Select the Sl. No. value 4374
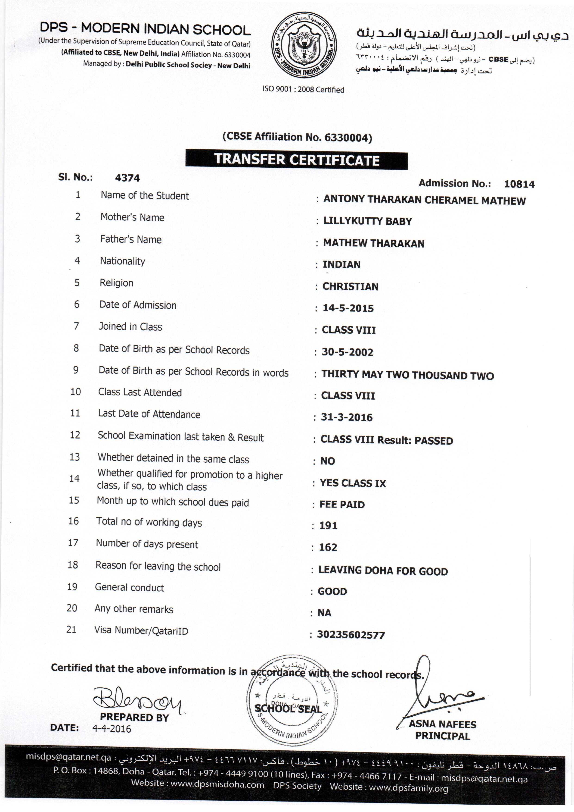[127, 178]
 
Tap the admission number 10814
[519, 184]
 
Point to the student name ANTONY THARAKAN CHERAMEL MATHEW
[424, 200]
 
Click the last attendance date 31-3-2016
[346, 417]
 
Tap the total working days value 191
[328, 526]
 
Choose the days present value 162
[328, 547]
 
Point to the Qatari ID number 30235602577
[351, 635]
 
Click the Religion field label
[116, 283]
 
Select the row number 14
[74, 479]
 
